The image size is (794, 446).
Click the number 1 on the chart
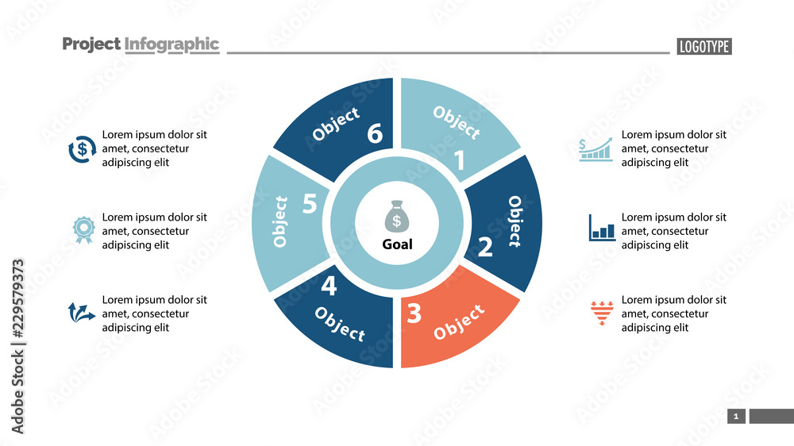coord(458,161)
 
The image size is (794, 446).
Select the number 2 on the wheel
coord(485,248)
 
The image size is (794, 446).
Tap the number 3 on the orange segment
coord(414,314)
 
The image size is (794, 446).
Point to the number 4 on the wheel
coord(329,285)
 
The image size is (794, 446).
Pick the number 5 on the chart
coord(310,205)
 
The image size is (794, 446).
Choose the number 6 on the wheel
coord(375,134)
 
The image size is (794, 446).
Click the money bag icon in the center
coord(397,216)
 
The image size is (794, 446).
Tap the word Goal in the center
coord(397,244)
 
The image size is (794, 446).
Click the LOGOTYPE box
coord(704,47)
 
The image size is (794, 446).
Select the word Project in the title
coord(91,44)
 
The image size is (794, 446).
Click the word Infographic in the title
coord(172,44)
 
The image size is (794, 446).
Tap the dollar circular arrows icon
coord(83,148)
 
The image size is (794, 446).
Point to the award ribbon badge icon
coord(83,230)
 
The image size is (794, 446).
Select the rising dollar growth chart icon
coord(596,148)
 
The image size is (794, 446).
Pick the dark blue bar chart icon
coord(602,228)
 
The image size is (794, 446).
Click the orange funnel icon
coord(602,313)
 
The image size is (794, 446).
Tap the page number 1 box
coord(736,416)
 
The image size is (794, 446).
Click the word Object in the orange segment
coord(460,321)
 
